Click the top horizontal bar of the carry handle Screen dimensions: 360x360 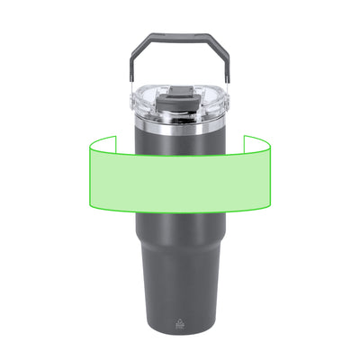pos(180,38)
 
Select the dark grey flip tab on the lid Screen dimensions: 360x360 pos(180,94)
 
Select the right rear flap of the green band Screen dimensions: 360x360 pos(259,144)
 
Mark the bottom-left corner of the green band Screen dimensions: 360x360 pos(88,207)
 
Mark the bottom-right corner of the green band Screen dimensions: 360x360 pos(272,207)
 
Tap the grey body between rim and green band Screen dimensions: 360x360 pos(180,142)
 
